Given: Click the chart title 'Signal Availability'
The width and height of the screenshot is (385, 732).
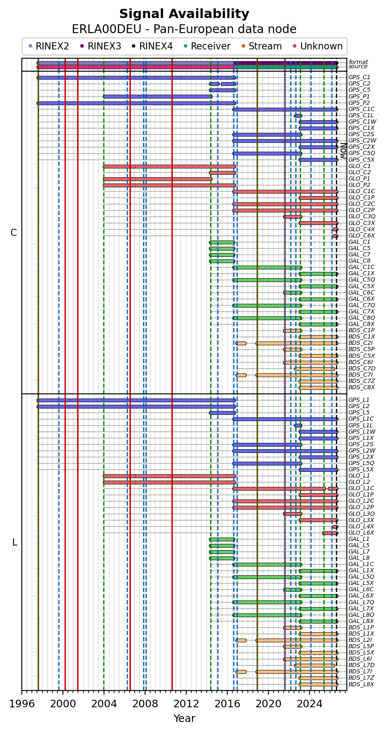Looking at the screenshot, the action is [184, 14].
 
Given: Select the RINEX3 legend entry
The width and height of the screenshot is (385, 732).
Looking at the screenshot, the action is [101, 46].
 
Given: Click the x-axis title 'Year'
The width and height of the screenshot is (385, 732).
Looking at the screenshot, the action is [184, 719].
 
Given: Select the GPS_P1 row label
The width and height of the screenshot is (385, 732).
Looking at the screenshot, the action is [359, 96].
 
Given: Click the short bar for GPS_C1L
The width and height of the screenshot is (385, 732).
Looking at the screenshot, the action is [298, 116].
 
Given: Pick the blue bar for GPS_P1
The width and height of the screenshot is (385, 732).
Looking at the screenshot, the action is [158, 96].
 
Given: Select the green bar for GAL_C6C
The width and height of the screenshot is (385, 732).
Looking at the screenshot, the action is [293, 293].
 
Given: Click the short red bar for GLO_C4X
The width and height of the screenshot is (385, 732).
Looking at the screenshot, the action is [335, 230].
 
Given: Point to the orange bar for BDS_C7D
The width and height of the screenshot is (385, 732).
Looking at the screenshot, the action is [315, 369].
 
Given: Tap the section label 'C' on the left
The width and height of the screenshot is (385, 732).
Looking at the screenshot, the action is [14, 233].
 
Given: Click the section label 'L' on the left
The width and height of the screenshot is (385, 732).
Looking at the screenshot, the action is [15, 543].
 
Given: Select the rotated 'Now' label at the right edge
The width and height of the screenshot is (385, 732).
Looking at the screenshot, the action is [343, 150].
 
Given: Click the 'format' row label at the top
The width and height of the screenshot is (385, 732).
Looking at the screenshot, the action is [358, 62].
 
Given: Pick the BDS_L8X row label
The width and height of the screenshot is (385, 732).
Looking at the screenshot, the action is [361, 684].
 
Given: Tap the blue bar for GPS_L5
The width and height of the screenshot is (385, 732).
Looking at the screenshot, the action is [223, 413].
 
